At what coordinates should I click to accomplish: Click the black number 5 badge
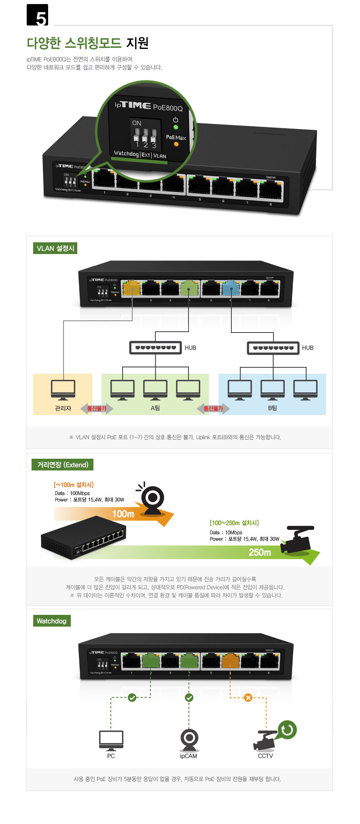37,15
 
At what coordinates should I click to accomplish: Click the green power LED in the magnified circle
176,127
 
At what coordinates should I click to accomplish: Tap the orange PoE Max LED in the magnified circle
176,144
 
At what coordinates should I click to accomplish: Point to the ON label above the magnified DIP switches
137,123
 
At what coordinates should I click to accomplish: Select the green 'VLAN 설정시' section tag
55,248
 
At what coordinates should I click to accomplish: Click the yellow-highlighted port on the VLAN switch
131,288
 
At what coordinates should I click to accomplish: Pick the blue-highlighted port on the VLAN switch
231,288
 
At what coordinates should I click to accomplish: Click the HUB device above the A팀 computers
155,347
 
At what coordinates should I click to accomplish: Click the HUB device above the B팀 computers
273,348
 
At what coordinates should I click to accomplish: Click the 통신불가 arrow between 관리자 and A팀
97,409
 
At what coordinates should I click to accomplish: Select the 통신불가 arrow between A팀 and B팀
213,409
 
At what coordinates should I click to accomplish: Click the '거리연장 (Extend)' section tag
63,465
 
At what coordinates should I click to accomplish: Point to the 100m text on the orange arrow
123,514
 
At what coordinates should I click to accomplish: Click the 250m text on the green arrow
260,552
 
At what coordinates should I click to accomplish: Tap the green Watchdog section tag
51,621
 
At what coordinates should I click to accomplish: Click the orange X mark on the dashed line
248,697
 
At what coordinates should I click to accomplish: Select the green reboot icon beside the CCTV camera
287,729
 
